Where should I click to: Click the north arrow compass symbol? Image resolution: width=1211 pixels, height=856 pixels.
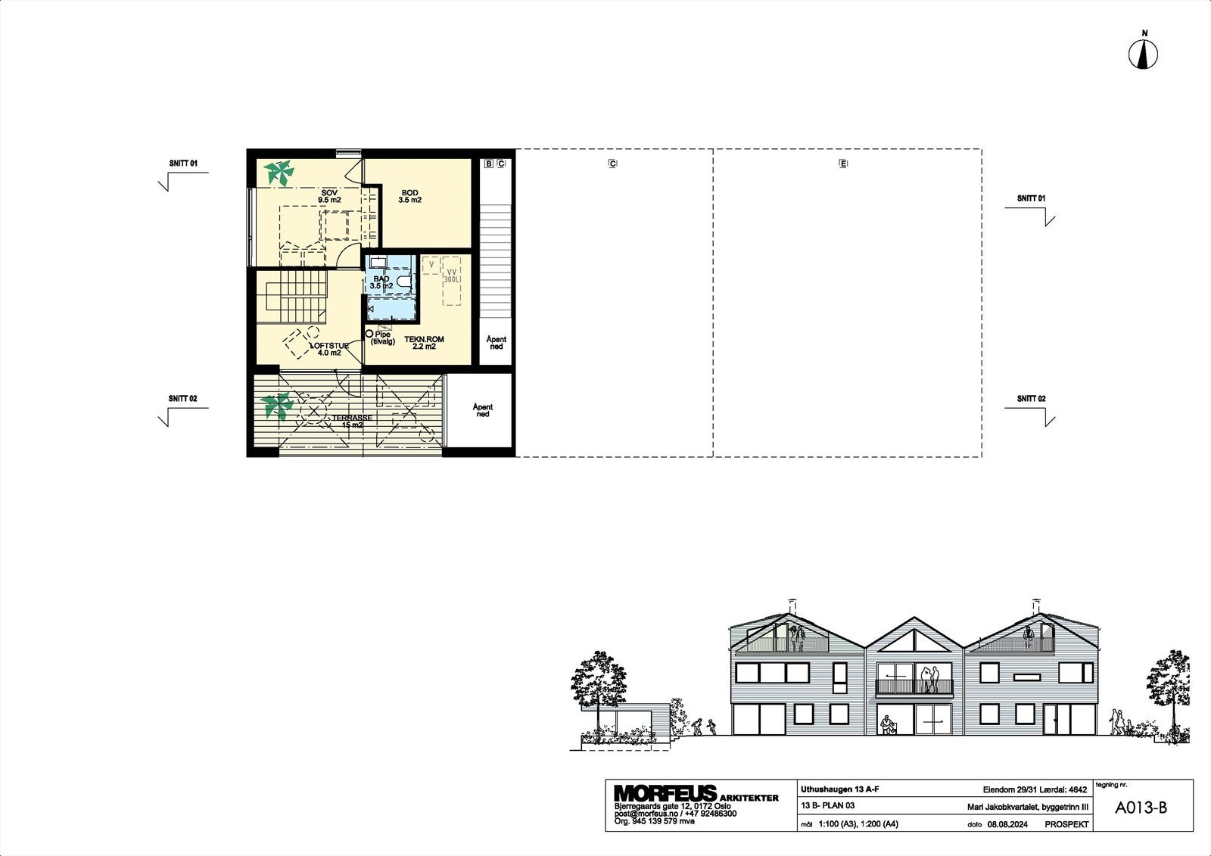pos(1144,54)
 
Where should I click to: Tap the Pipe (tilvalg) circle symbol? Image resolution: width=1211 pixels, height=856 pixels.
pos(369,334)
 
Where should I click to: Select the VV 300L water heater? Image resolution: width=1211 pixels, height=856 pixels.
pos(452,281)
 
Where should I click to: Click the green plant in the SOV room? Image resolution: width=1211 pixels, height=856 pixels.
pos(280,173)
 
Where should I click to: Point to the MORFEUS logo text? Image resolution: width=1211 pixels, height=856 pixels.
pos(665,793)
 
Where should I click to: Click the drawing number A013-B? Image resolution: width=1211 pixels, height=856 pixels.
pos(1141,808)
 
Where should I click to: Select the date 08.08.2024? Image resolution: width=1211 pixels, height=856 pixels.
pos(1007,824)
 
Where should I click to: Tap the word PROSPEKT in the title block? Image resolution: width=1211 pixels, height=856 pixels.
pos(1066,824)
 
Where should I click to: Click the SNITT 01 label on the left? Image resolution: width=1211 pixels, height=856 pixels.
pos(183,163)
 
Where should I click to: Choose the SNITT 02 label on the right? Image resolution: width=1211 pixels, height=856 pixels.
pos(1031,399)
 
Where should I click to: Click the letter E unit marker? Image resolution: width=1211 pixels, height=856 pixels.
pos(842,163)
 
